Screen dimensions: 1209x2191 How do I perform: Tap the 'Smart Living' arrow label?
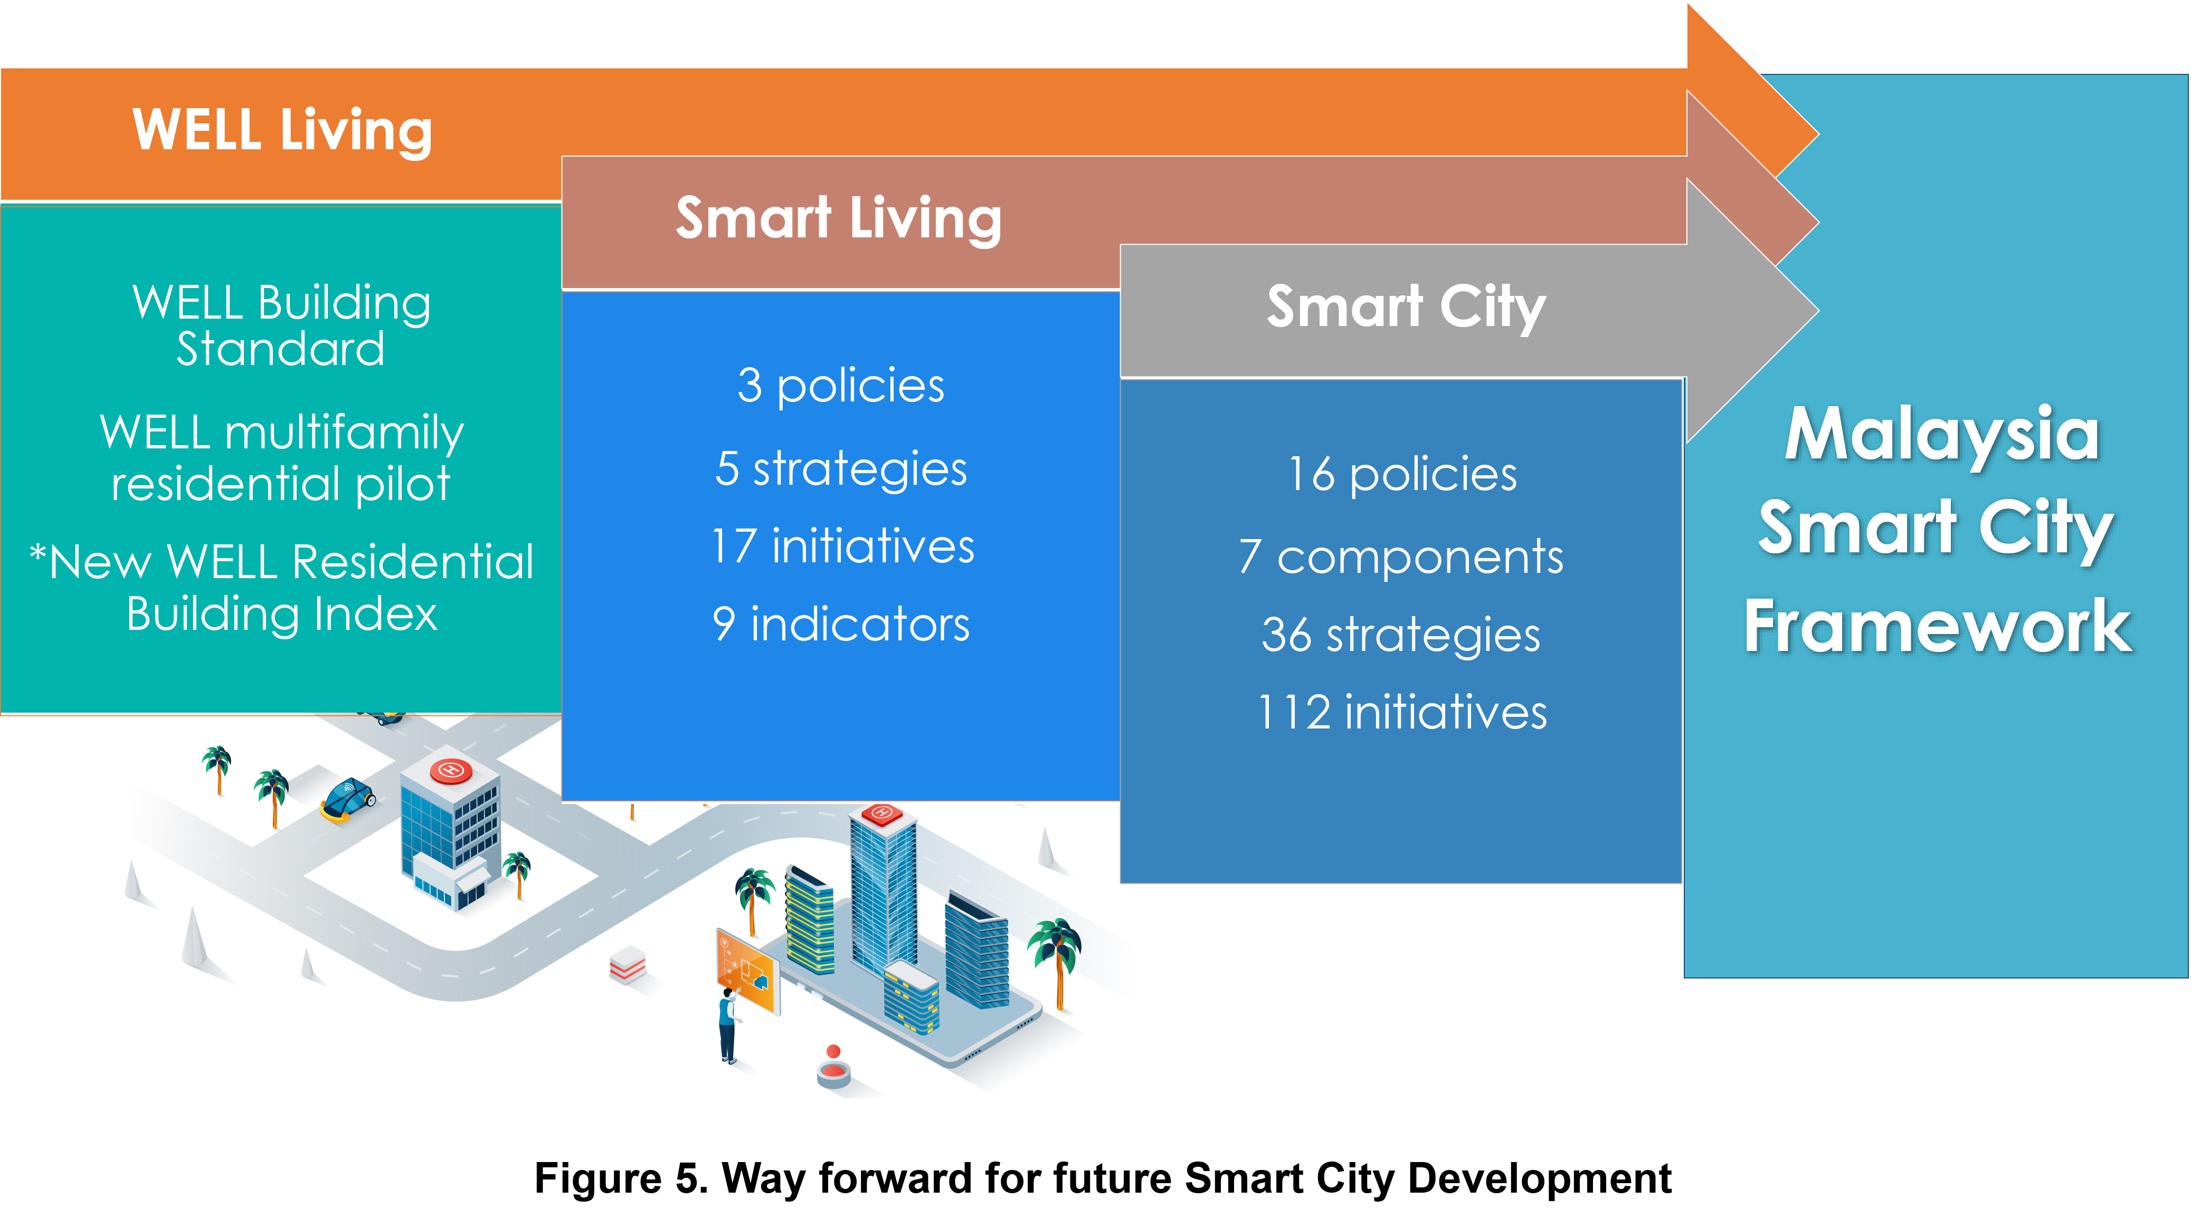839,218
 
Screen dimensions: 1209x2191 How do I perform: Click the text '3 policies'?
840,386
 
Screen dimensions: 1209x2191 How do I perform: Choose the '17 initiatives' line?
842,546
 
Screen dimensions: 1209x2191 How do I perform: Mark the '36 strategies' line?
1401,635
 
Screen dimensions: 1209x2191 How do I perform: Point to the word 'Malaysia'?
1942,435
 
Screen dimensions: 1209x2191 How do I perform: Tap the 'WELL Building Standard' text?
281,325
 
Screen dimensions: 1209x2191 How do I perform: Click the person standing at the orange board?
728,1024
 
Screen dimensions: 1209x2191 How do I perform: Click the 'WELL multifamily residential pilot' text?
281,457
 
